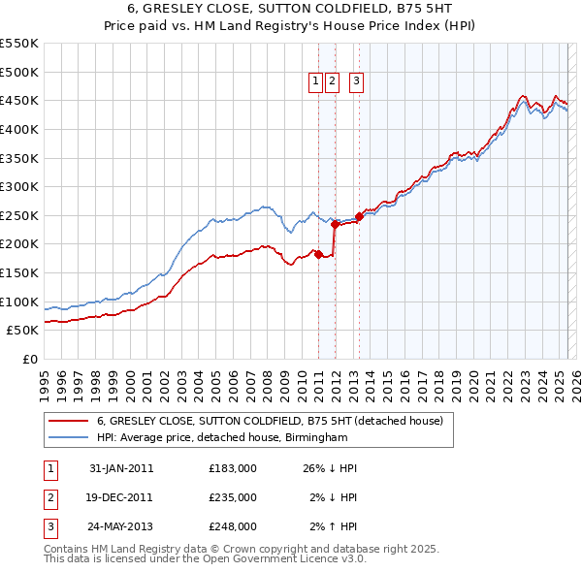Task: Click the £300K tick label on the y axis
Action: pos(18,186)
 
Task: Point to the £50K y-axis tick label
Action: pos(22,330)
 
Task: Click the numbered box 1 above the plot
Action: pos(316,81)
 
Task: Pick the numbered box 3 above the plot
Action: pos(357,81)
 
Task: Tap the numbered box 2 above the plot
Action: pos(332,81)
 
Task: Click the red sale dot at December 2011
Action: pos(335,224)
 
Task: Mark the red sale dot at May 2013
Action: pos(359,216)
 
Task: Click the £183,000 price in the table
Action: pos(233,468)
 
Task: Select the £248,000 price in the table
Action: pos(233,526)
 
